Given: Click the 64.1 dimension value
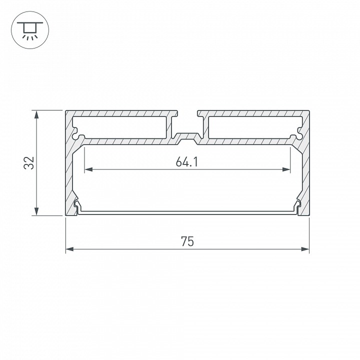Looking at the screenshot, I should click(187, 161).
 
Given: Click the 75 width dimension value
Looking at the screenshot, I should click(187, 242).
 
